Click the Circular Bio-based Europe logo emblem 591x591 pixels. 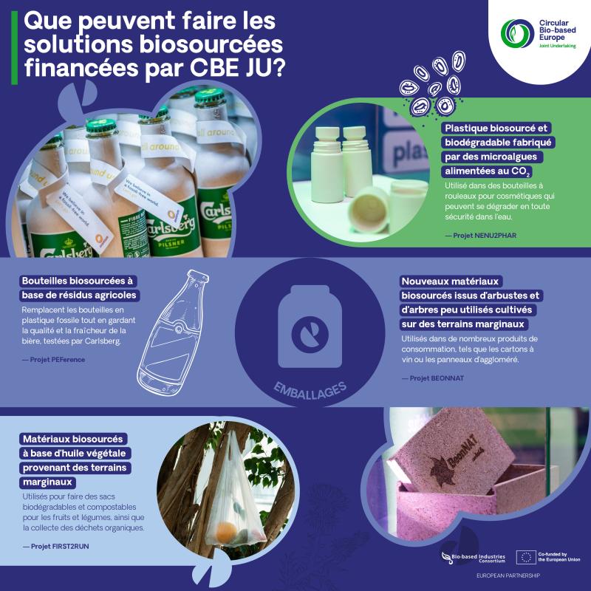pyautogui.click(x=517, y=33)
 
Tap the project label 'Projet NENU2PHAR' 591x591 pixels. pyautogui.click(x=481, y=236)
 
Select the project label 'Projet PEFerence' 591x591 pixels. pyautogui.click(x=53, y=360)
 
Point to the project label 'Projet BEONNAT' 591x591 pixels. pyautogui.click(x=433, y=378)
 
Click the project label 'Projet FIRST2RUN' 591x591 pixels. pyautogui.click(x=56, y=546)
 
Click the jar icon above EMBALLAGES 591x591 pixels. pyautogui.click(x=310, y=327)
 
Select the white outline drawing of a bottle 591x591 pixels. pyautogui.click(x=173, y=332)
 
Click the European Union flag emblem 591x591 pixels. pyautogui.click(x=526, y=557)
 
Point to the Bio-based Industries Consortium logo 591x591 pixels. pyautogui.click(x=474, y=558)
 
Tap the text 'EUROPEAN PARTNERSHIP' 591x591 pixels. pyautogui.click(x=508, y=575)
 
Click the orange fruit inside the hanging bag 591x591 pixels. pyautogui.click(x=227, y=532)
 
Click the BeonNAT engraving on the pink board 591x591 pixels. pyautogui.click(x=455, y=460)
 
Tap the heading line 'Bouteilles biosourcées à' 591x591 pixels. pyautogui.click(x=78, y=281)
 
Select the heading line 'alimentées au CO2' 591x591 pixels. pyautogui.click(x=487, y=171)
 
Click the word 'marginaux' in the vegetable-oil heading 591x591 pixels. pyautogui.click(x=47, y=482)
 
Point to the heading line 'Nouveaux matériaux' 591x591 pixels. pyautogui.click(x=450, y=281)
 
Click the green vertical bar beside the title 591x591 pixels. pyautogui.click(x=14, y=47)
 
